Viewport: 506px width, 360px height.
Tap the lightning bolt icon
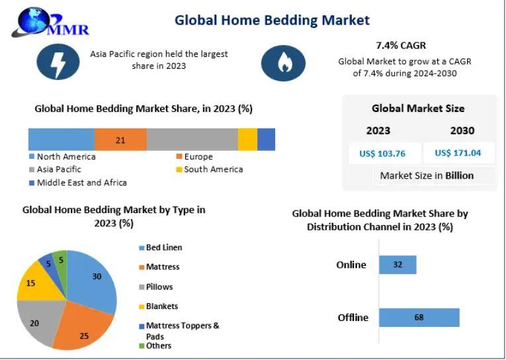pyautogui.click(x=58, y=62)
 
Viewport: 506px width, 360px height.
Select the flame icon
pyautogui.click(x=283, y=63)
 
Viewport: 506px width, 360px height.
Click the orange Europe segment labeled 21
pyautogui.click(x=120, y=140)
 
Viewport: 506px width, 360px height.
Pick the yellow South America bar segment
pyautogui.click(x=247, y=140)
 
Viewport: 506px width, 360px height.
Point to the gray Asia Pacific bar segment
pyautogui.click(x=192, y=140)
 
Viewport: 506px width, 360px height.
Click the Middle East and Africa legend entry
pyautogui.click(x=78, y=183)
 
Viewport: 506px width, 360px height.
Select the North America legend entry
pyautogui.click(x=62, y=157)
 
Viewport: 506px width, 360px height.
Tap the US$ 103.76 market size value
pyautogui.click(x=382, y=154)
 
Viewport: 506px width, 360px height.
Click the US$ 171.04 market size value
pyautogui.click(x=458, y=153)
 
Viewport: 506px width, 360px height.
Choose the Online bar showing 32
pyautogui.click(x=398, y=265)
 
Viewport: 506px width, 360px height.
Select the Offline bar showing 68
pyautogui.click(x=419, y=318)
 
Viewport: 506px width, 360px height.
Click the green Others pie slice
pyautogui.click(x=60, y=261)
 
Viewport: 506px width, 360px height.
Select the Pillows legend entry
pyautogui.click(x=156, y=287)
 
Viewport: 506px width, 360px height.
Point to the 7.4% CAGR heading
pyautogui.click(x=401, y=46)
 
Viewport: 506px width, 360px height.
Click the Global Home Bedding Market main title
pyautogui.click(x=272, y=21)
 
